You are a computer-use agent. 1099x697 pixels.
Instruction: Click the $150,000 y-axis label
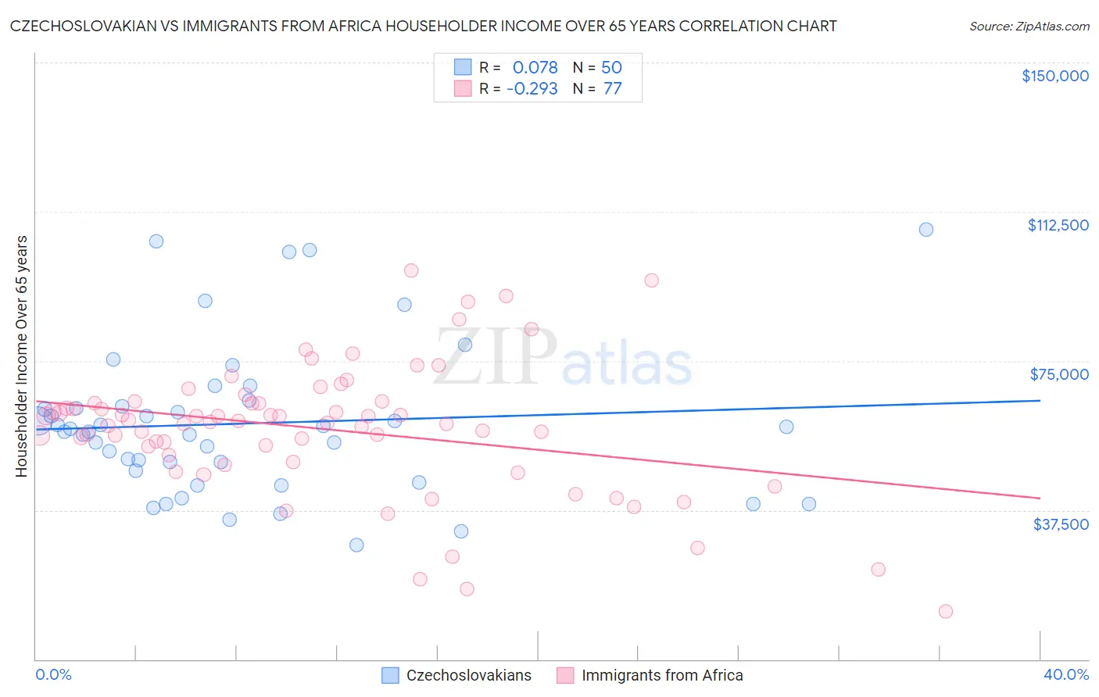1054,76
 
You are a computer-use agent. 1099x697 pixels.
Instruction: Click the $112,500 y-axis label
1058,225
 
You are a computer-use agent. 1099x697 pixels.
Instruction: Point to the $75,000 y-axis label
1059,374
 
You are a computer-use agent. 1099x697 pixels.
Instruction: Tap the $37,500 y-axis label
1061,524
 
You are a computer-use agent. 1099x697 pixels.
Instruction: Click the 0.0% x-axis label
53,674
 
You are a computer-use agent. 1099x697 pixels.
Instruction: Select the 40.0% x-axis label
1066,674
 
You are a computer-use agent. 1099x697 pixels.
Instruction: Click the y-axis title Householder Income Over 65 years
21,356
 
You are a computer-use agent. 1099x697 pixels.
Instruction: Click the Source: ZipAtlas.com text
1029,26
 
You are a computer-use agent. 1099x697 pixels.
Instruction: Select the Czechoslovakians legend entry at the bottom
468,675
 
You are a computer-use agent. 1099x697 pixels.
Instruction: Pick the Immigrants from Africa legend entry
661,675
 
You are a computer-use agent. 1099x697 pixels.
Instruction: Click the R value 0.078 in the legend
535,67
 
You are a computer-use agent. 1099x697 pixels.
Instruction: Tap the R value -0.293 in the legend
532,88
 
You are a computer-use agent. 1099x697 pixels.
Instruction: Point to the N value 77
612,88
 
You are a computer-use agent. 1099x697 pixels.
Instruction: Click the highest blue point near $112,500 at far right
925,230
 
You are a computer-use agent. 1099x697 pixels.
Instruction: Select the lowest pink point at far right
945,611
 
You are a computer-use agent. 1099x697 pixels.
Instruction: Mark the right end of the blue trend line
1040,400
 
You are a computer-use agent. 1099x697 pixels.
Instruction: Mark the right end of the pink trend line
1040,498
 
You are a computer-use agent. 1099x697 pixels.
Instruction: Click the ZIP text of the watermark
495,357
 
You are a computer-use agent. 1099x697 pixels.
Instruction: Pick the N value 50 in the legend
611,67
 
